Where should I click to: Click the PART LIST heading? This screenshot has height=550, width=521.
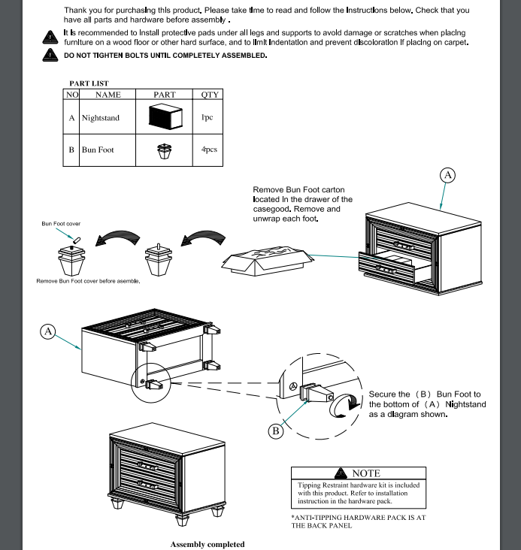89,83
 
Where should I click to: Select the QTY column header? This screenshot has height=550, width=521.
210,95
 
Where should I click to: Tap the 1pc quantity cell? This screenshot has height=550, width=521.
207,118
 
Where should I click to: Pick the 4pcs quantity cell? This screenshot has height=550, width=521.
209,150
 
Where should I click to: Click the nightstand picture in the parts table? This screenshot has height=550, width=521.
165,118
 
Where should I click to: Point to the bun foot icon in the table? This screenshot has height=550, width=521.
164,151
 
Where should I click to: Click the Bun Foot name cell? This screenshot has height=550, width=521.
98,150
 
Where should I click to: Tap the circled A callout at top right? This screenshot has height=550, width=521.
447,175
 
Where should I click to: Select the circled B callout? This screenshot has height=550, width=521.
276,431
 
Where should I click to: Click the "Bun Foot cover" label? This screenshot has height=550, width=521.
61,224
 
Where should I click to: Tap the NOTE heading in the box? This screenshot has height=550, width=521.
365,473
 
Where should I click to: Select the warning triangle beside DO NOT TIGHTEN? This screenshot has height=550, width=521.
50,55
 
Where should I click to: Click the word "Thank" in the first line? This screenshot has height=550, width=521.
78,11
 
